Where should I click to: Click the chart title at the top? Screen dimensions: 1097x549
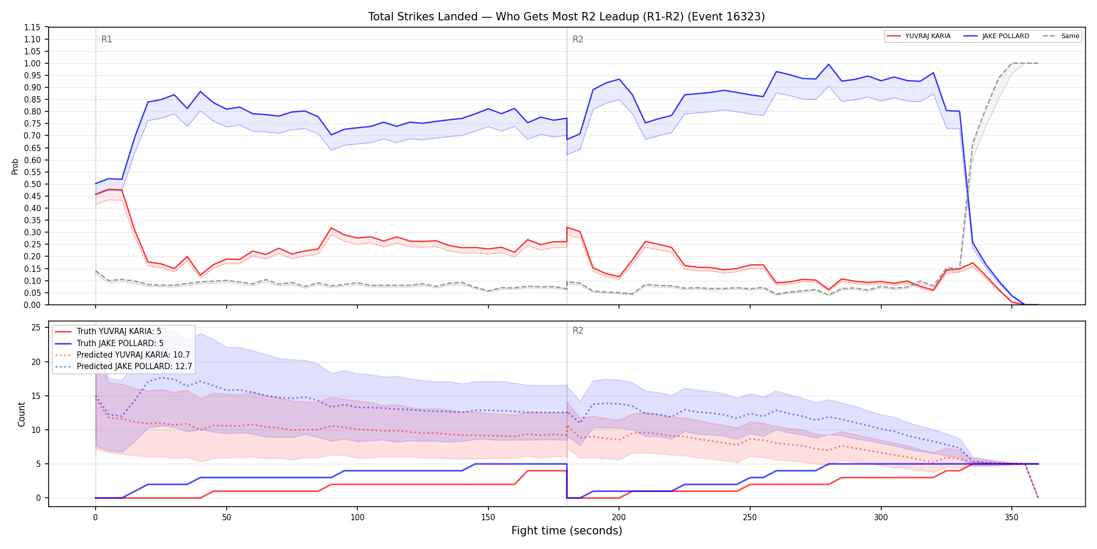[566, 17]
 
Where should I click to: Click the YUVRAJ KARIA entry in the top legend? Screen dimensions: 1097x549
[918, 36]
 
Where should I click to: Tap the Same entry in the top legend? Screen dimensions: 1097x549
[1061, 36]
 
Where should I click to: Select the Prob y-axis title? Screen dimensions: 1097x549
[15, 166]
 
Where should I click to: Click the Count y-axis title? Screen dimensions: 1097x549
[21, 414]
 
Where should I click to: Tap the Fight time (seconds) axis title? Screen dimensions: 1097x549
[567, 531]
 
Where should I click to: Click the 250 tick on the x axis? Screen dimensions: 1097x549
[750, 518]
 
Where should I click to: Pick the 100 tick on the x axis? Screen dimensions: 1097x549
[357, 518]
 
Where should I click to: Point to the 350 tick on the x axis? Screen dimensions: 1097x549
[1012, 518]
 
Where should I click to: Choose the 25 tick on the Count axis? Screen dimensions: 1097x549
[36, 328]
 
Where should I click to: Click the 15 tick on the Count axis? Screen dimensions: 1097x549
[36, 396]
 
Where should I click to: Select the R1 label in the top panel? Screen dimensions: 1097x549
[107, 39]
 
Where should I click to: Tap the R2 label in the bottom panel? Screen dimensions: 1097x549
[578, 330]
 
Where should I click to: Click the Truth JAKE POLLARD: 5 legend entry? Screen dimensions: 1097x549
[109, 343]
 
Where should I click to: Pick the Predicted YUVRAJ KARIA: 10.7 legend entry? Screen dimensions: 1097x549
[122, 354]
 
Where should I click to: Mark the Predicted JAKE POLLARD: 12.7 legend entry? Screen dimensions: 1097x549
[123, 366]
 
